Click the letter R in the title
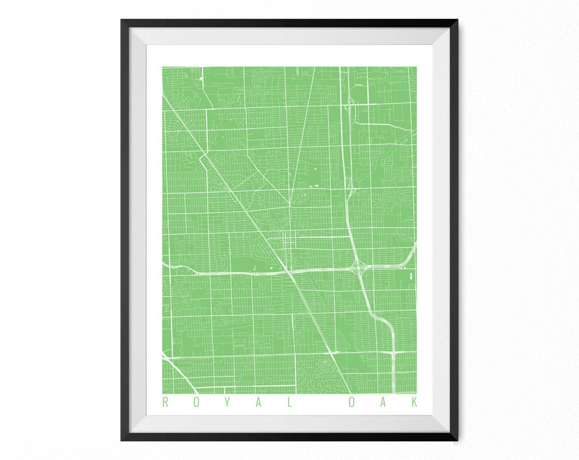click(165, 403)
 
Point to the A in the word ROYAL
click(258, 403)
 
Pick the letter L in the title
click(289, 403)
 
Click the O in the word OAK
click(351, 403)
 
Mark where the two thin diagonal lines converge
click(290, 205)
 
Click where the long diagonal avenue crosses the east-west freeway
click(292, 273)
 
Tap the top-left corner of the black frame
click(122, 21)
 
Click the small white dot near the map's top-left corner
click(202, 78)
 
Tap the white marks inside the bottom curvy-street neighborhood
click(321, 362)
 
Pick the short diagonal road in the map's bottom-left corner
click(176, 374)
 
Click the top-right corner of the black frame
click(457, 21)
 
